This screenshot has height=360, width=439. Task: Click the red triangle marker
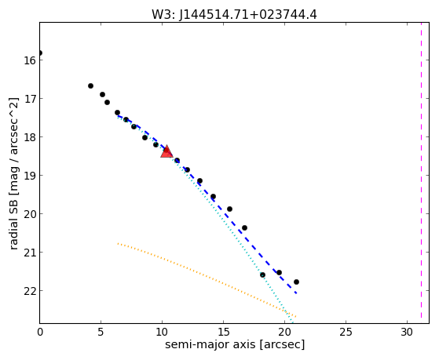(x=166, y=151)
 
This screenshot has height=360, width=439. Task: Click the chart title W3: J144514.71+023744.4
(x=234, y=15)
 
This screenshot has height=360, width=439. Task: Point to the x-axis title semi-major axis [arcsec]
(x=235, y=344)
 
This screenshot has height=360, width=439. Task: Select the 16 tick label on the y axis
(x=30, y=60)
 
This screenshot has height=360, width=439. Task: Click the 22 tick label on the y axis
(x=30, y=291)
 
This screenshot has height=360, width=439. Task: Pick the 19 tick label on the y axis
(x=30, y=176)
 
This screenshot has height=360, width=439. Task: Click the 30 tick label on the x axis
(x=407, y=332)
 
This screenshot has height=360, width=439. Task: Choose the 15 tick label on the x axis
(x=223, y=332)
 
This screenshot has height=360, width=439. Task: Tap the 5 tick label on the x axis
(x=101, y=332)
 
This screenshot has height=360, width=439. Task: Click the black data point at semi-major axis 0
(x=40, y=53)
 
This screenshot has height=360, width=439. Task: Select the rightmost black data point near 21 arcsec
(x=296, y=282)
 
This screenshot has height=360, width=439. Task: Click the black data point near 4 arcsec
(x=91, y=85)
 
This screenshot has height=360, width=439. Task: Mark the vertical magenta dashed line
(x=421, y=171)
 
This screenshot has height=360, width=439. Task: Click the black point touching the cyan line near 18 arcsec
(x=262, y=275)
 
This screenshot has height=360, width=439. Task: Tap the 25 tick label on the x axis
(x=346, y=332)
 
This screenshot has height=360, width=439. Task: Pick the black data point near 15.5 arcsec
(x=229, y=209)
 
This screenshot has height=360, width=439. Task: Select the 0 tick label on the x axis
(x=40, y=332)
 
